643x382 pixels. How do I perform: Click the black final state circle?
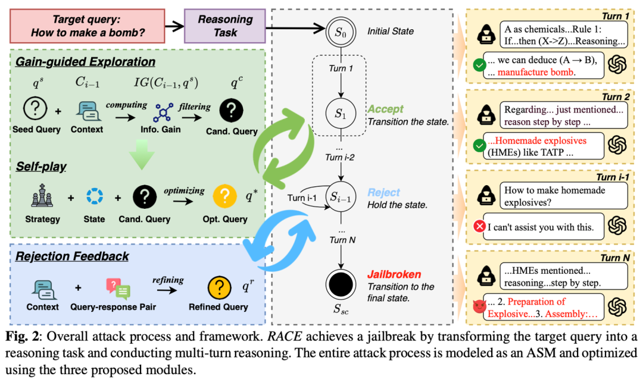coord(341,285)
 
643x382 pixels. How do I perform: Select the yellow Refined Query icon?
coord(218,289)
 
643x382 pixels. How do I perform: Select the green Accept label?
coord(386,109)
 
